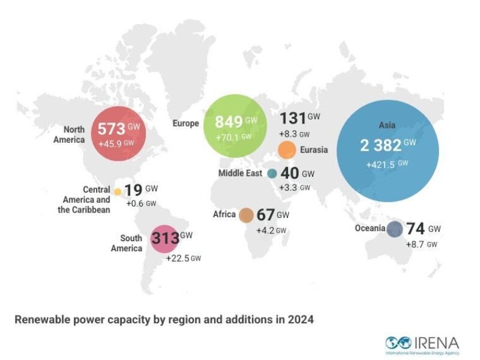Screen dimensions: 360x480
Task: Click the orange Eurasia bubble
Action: coord(287,149)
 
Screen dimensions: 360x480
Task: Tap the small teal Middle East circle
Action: coord(272,173)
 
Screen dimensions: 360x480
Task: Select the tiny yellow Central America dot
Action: coord(118,191)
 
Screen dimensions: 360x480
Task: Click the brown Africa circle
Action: coord(246,215)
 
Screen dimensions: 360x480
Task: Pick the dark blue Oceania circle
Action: coord(394,229)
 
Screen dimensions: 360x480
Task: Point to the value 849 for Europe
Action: coord(224,122)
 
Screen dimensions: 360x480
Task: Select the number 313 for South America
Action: coord(165,238)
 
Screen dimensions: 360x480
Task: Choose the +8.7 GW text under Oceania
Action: coord(421,245)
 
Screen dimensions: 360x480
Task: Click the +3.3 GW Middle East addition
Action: coord(295,188)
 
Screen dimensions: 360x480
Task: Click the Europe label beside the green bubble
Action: coord(185,124)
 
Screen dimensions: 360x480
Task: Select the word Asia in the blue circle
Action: coord(387,125)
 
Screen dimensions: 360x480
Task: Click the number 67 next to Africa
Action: coord(265,215)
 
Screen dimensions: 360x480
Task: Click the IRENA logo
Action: coord(422,344)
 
